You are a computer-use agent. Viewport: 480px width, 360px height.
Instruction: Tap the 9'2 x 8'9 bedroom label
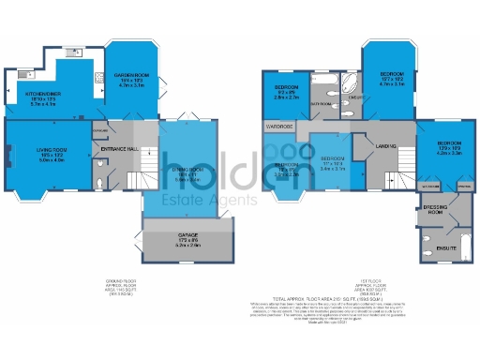click(286, 90)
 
